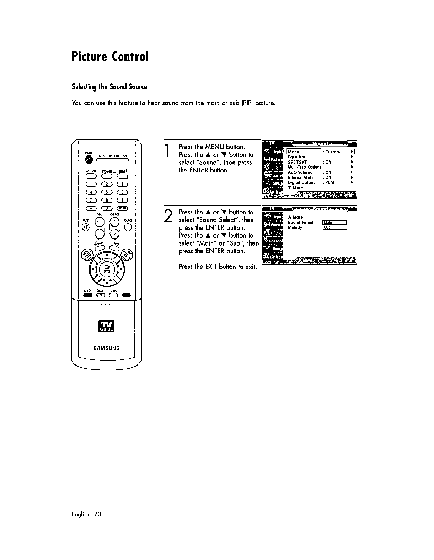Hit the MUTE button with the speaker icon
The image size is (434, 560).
pos(86,227)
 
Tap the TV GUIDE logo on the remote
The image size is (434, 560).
pos(107,326)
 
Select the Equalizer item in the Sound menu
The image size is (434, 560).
pos(296,157)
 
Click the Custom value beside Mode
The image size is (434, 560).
pos(333,152)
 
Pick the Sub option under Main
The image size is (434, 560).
pos(327,227)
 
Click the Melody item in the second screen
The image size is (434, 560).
pos(295,227)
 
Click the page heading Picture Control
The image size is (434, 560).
pos(109,56)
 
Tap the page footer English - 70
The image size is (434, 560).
pos(87,514)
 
